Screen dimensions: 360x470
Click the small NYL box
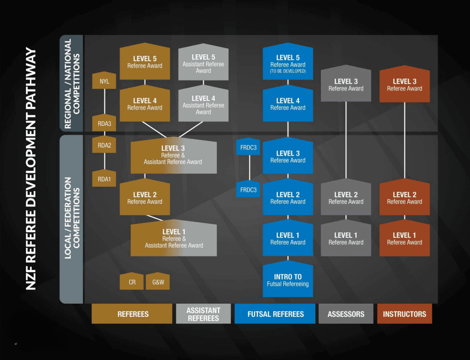(x=105, y=81)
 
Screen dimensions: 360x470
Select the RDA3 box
(x=105, y=123)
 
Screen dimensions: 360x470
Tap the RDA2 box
(x=105, y=145)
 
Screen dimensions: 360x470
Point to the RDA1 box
(x=105, y=179)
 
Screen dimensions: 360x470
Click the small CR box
(x=132, y=282)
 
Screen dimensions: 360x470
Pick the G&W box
(x=158, y=282)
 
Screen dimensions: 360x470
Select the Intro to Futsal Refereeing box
(x=288, y=280)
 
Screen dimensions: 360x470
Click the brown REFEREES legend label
(x=132, y=314)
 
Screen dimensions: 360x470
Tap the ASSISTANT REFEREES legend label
(x=203, y=314)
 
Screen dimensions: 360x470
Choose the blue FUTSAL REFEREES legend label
(x=275, y=314)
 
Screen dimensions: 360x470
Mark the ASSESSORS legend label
(x=346, y=314)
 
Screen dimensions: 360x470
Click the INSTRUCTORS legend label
(x=405, y=314)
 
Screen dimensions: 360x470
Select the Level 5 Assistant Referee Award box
(x=203, y=63)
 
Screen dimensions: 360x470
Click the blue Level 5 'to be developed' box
(x=288, y=63)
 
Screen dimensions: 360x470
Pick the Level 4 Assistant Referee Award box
(x=203, y=105)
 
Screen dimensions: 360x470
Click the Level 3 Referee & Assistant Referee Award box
(x=173, y=155)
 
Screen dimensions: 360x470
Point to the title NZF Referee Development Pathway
(x=31, y=168)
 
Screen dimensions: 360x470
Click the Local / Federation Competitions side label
(x=72, y=218)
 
